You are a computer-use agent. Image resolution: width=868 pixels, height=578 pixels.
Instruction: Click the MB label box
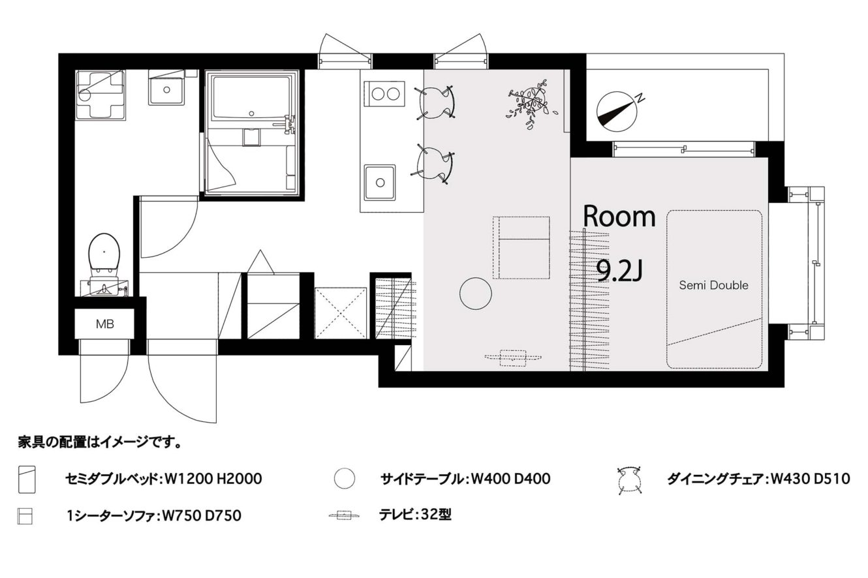[104, 324]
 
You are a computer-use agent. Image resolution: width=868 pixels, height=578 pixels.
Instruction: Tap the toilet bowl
[104, 254]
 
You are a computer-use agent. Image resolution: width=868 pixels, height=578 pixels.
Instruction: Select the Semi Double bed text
[713, 286]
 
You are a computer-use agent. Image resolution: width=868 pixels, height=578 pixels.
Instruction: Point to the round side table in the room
[476, 294]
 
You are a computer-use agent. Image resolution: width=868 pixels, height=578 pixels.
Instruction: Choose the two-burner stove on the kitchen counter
[385, 94]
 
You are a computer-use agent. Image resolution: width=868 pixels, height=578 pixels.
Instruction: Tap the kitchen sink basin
[380, 183]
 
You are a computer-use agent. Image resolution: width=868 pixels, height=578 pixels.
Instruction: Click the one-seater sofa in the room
[521, 247]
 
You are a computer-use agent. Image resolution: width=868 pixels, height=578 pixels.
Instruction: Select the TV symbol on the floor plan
[513, 357]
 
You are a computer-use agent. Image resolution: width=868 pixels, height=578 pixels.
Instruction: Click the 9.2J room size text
[619, 271]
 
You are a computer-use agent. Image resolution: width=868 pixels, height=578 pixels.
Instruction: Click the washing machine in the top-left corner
[101, 95]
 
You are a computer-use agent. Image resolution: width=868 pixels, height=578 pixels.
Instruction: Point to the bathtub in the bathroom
[251, 98]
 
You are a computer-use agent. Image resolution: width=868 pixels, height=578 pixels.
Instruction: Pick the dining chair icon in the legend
[629, 480]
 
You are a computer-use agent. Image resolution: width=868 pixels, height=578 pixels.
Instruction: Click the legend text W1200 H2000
[213, 479]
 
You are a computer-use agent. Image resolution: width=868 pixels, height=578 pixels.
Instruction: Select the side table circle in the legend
[345, 479]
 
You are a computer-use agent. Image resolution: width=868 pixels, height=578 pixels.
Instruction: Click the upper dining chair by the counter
[435, 102]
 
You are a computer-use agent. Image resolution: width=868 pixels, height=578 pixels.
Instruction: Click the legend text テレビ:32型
[415, 515]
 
